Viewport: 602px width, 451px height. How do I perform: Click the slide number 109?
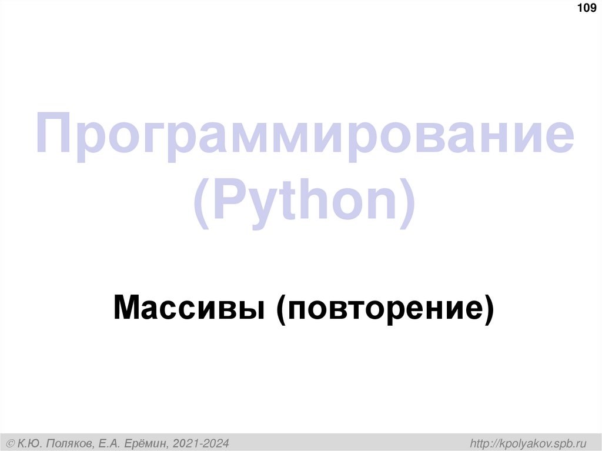click(x=587, y=8)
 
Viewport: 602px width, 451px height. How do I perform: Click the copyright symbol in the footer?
click(x=10, y=442)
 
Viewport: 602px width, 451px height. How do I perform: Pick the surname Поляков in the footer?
click(x=69, y=442)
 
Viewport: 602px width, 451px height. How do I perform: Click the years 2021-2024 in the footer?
click(x=200, y=442)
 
